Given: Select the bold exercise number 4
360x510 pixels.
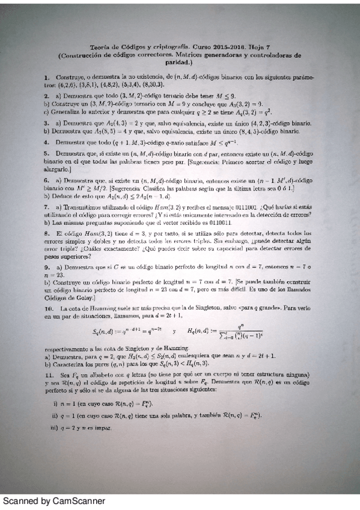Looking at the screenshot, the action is click(x=46, y=142).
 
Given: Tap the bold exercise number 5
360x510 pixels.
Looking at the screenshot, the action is click(x=46, y=153).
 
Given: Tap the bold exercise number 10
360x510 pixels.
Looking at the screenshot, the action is click(x=48, y=307).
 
